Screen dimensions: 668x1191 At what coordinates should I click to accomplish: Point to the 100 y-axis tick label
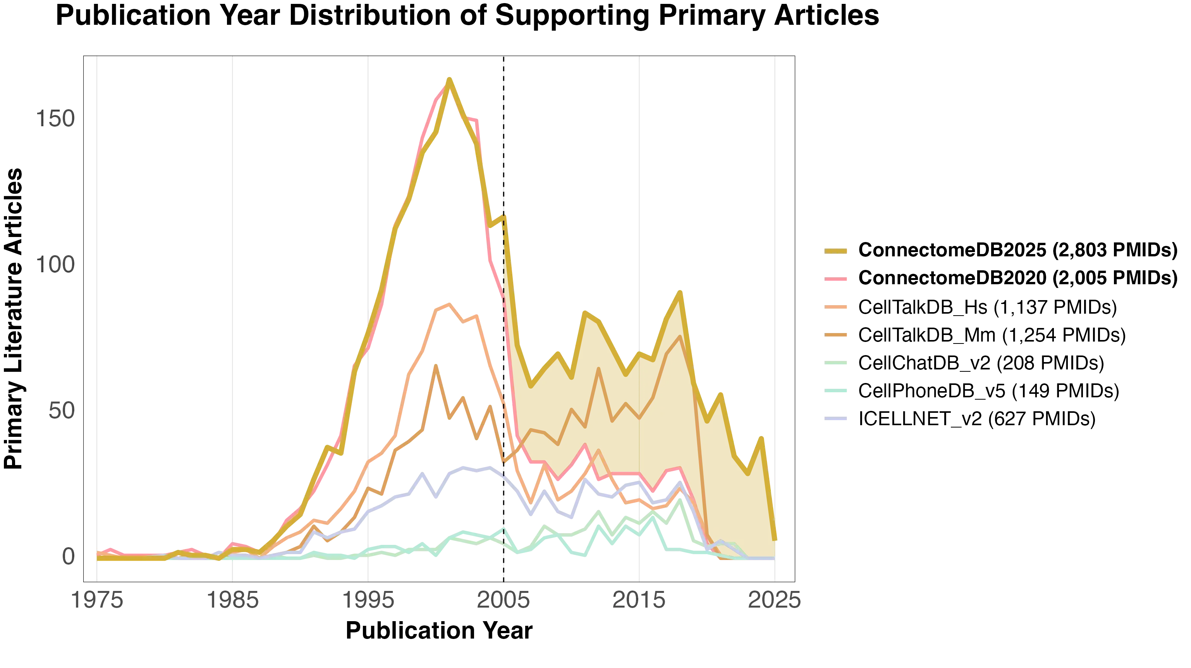54,265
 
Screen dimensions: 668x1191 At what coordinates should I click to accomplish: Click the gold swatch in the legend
836,251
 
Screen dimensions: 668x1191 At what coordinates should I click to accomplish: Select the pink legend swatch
836,279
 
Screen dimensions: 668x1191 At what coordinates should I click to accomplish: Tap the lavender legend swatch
836,418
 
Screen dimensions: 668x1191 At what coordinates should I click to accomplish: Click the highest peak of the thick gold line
449,79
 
